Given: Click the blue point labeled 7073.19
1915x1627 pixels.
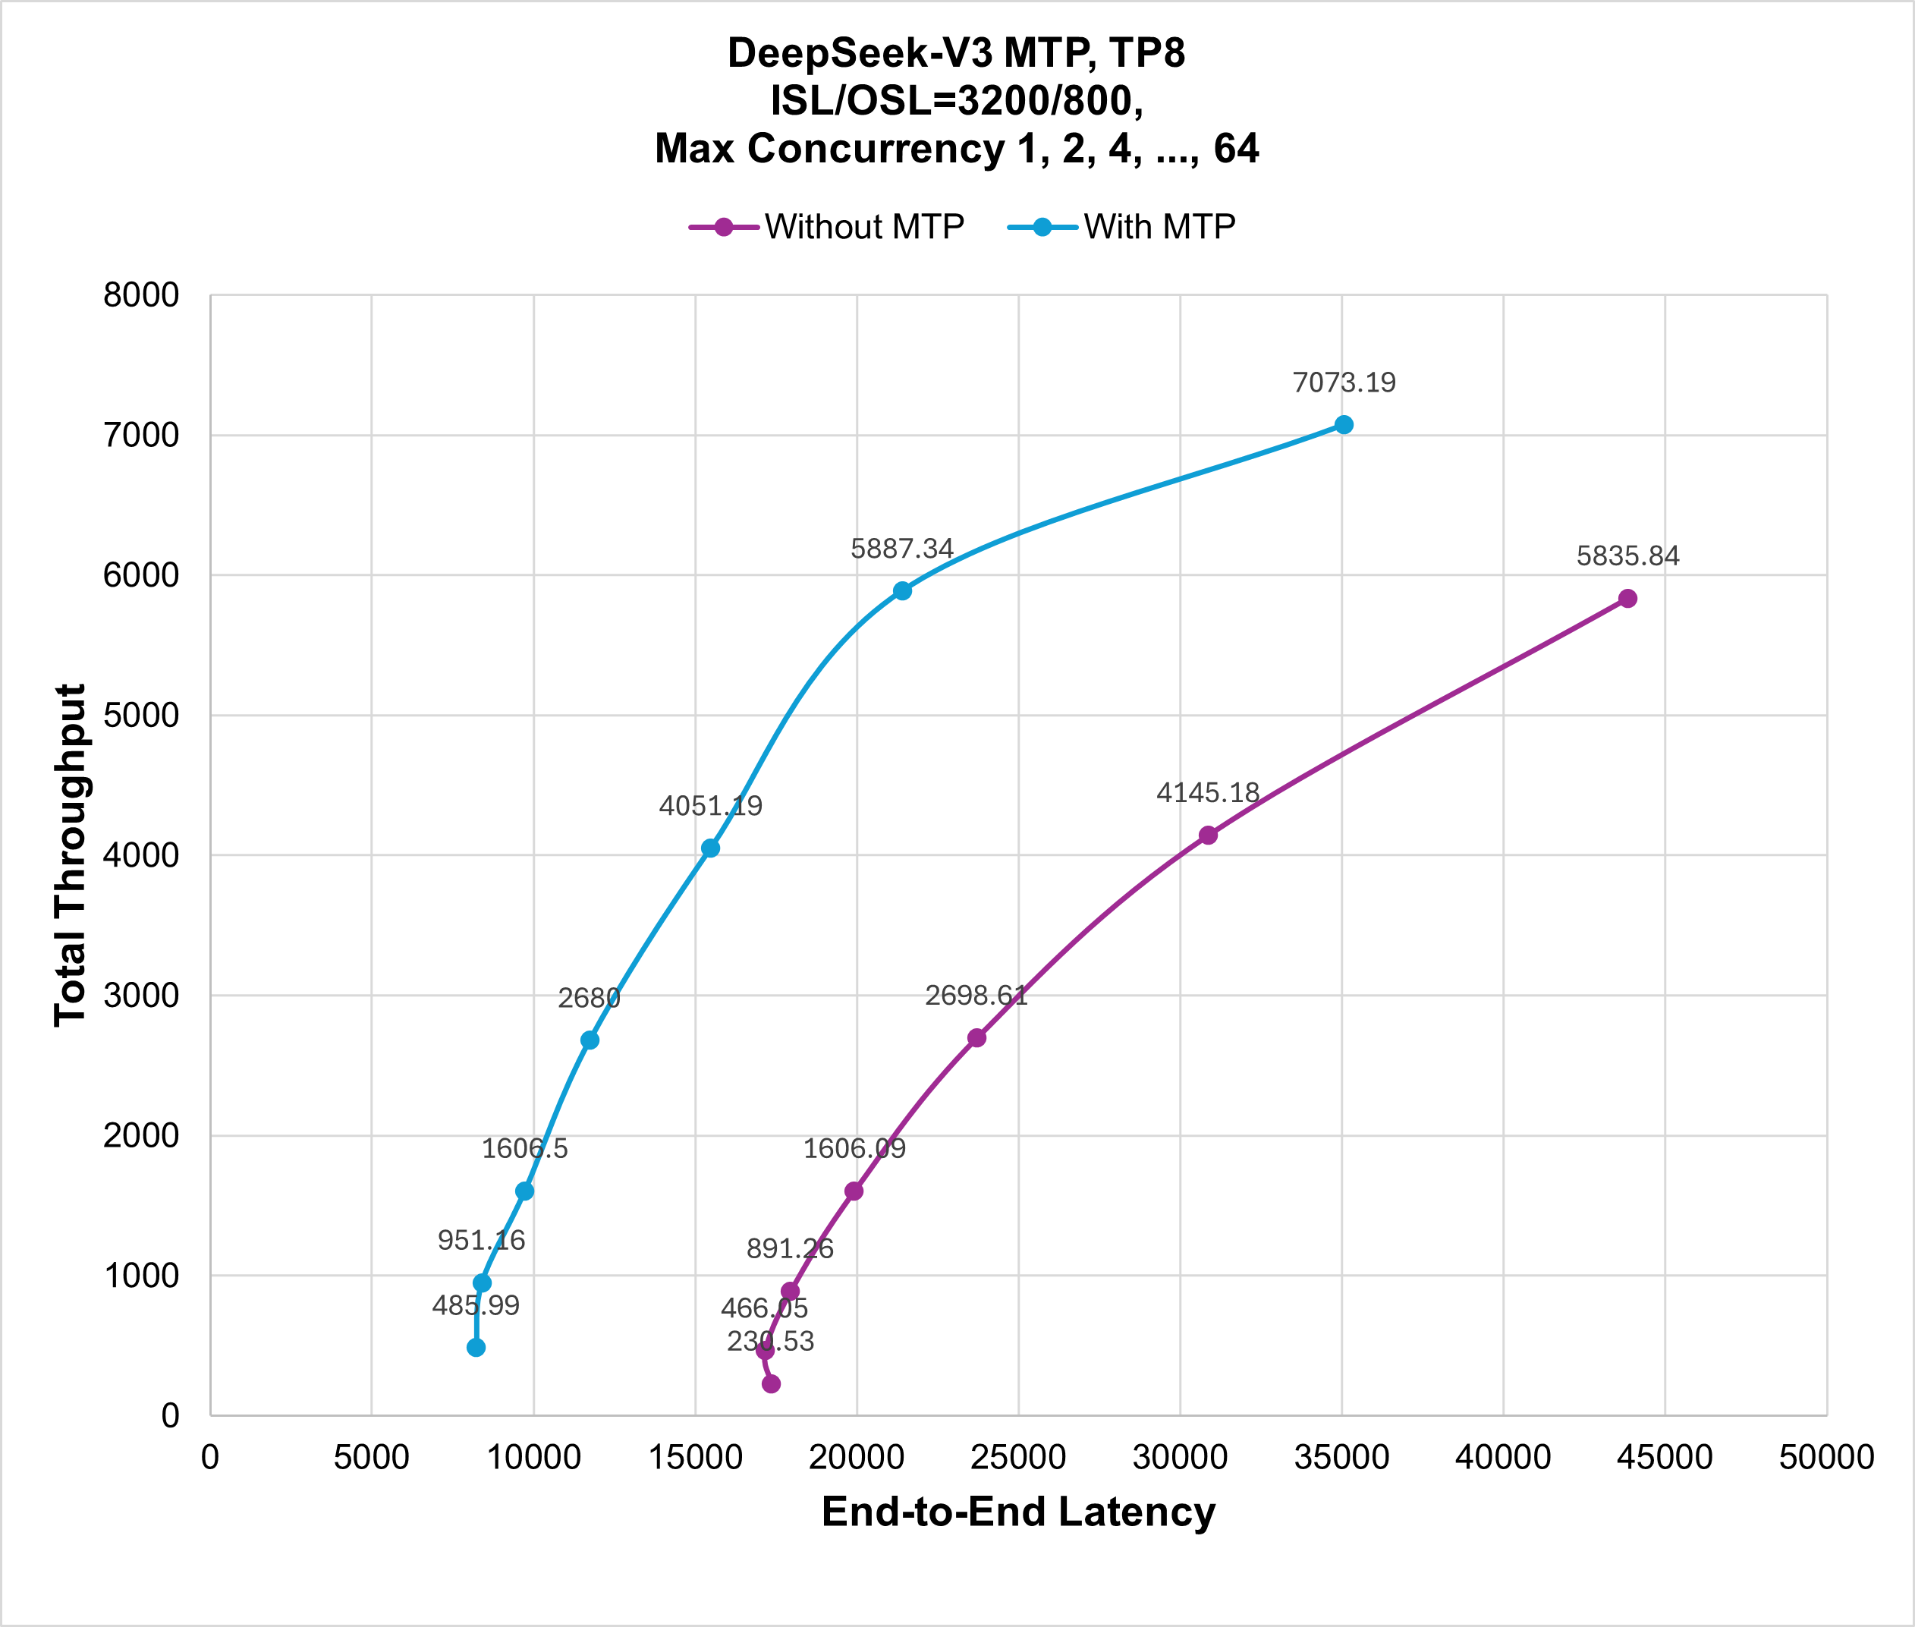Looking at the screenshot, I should tap(1344, 424).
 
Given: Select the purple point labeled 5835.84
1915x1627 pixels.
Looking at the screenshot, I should tap(1627, 599).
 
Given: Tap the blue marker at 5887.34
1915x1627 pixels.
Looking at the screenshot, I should tap(901, 590).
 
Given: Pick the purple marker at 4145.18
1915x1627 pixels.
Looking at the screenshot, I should tap(1208, 835).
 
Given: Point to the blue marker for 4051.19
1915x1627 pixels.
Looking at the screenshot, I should tap(710, 848).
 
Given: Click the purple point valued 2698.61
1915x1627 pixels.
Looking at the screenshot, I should tap(976, 1037).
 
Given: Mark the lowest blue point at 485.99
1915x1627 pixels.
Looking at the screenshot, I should tap(476, 1348).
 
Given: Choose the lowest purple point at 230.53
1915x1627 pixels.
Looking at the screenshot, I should tap(772, 1383).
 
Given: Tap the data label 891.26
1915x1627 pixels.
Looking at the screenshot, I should tap(789, 1249).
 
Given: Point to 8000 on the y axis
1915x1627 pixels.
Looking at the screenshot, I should tap(141, 296).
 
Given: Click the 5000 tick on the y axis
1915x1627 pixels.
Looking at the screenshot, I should tap(141, 716).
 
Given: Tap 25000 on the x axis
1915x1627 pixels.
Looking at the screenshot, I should tap(1018, 1457).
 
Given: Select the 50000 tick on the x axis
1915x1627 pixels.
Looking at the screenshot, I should tap(1825, 1457).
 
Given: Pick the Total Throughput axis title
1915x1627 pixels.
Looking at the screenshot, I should tap(70, 855).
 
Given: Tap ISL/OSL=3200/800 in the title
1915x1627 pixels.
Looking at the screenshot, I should tap(956, 100).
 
